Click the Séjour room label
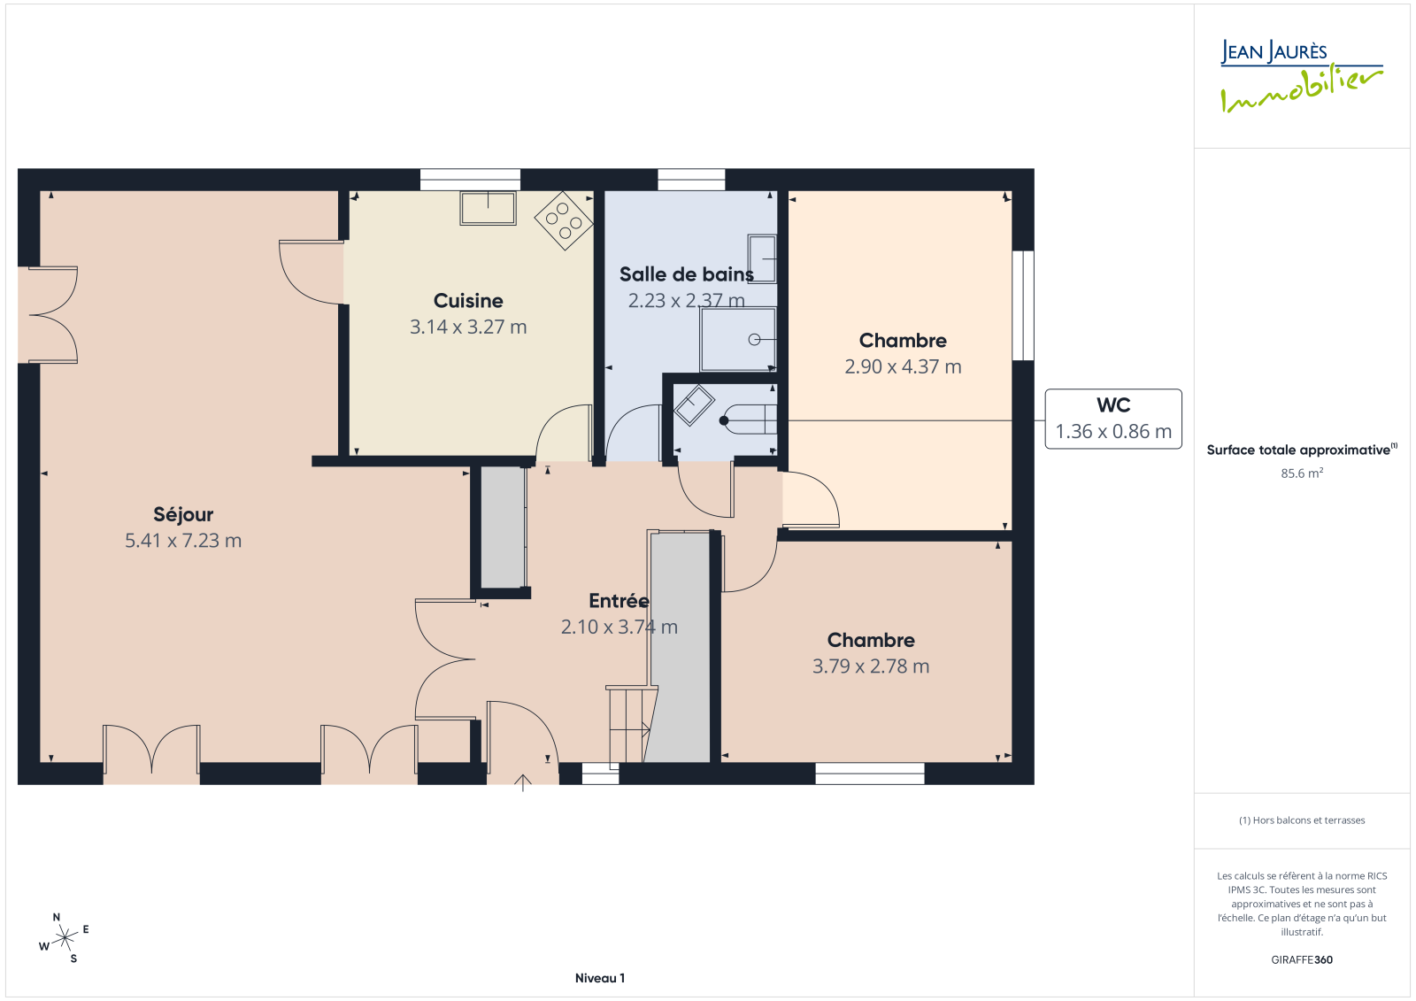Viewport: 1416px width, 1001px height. [x=183, y=515]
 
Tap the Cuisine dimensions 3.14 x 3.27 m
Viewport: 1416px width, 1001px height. [x=468, y=327]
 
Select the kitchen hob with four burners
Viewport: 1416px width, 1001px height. [x=564, y=220]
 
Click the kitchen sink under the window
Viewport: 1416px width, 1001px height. [x=488, y=208]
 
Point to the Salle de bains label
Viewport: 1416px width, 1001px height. [x=687, y=274]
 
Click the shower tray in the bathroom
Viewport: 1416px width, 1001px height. [x=738, y=340]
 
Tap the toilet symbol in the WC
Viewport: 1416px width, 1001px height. [x=749, y=420]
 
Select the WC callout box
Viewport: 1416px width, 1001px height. [x=1113, y=419]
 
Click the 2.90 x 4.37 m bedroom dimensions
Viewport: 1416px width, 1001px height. [x=904, y=366]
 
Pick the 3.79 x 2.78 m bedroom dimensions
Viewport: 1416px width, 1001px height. [x=871, y=666]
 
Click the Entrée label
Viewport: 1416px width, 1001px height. [x=619, y=601]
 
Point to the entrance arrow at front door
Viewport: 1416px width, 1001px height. [x=523, y=783]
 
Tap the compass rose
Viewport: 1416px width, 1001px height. [x=65, y=938]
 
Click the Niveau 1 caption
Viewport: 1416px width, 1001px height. [x=600, y=978]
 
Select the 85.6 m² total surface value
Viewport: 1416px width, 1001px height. [x=1302, y=473]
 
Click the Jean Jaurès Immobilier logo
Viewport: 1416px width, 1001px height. [x=1302, y=76]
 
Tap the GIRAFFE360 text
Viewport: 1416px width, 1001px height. [x=1302, y=960]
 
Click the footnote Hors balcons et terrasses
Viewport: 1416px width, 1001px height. [x=1302, y=820]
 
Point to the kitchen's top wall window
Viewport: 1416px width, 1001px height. [x=470, y=180]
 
